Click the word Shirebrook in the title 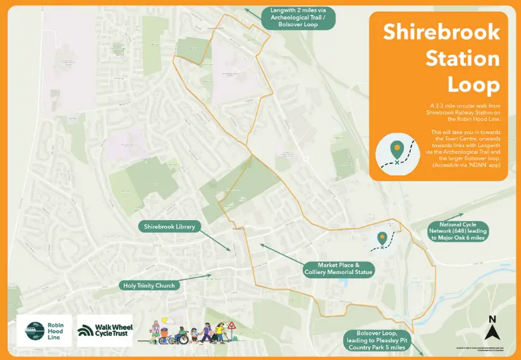[441, 32]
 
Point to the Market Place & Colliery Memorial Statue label [339, 269]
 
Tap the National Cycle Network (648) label [457, 232]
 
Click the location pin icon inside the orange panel [396, 149]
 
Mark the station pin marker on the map [382, 238]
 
